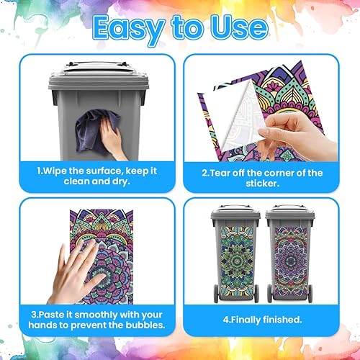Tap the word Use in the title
click(239, 28)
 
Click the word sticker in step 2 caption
click(261, 184)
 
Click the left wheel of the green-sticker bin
click(216, 293)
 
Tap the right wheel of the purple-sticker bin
click(310, 293)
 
